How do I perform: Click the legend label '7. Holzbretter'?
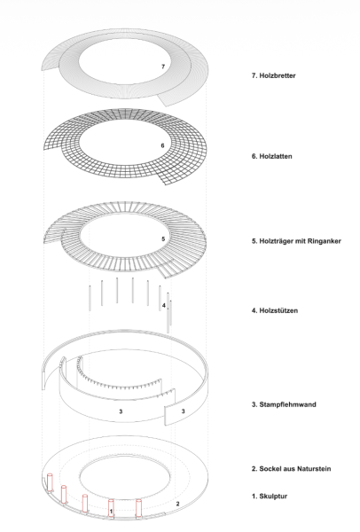pos(273,75)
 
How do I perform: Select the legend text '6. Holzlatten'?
pos(272,156)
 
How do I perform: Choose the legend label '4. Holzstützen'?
pos(275,310)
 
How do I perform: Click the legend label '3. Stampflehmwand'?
pos(284,404)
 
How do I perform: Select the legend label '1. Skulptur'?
pos(270,496)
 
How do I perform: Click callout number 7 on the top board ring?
pos(163,66)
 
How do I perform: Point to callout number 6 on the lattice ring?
pos(163,145)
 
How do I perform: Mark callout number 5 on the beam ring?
pos(163,239)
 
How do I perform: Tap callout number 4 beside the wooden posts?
pos(163,306)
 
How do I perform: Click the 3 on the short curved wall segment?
pos(184,411)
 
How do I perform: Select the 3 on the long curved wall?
pos(121,411)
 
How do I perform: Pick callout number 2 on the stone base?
pos(178,504)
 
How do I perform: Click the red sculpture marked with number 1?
pos(111,508)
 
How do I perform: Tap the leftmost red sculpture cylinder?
pos(51,482)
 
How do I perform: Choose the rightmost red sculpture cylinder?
pos(138,508)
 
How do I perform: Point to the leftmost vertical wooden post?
pos(90,298)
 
